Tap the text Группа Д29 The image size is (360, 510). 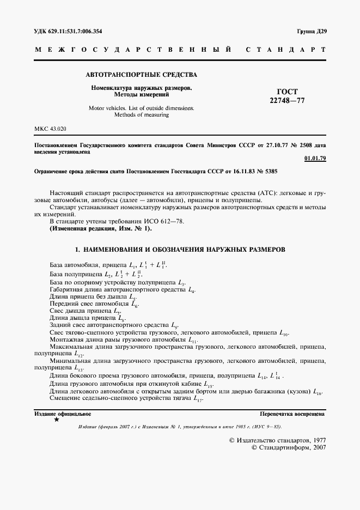(311, 31)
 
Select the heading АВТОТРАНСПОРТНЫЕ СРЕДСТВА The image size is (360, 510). (142, 74)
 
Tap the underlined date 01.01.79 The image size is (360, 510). (315, 159)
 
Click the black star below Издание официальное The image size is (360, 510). (56, 420)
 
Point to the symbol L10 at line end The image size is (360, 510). (284, 332)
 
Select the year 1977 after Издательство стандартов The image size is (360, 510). (315, 439)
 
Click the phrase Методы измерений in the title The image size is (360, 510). (142, 94)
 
